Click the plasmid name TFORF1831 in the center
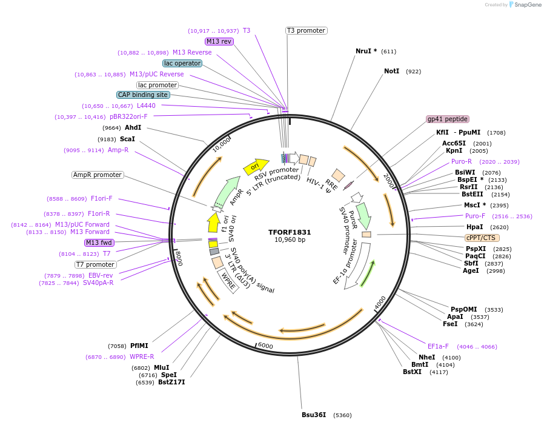coord(290,232)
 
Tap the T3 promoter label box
coord(306,30)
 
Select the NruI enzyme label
coord(366,52)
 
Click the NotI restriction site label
coord(391,72)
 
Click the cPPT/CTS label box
coord(480,238)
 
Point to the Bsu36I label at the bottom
coord(314,415)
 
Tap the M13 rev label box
coord(219,41)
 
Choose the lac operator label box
coord(182,63)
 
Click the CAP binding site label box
coord(143,95)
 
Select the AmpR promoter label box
coord(98,175)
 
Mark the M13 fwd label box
coord(99,243)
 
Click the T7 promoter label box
coord(95,264)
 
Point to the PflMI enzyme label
coord(139,346)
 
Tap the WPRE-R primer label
coord(142,357)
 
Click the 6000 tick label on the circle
coord(266,346)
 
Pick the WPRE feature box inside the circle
coord(228,281)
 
